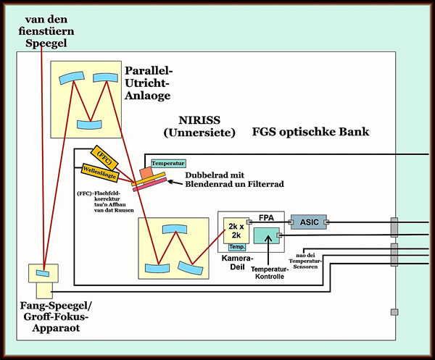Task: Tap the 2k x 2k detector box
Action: coord(236,230)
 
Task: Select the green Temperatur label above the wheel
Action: coord(168,163)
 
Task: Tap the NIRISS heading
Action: coord(199,126)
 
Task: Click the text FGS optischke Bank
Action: coord(311,132)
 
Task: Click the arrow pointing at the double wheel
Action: coord(173,184)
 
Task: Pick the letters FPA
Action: coord(268,217)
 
